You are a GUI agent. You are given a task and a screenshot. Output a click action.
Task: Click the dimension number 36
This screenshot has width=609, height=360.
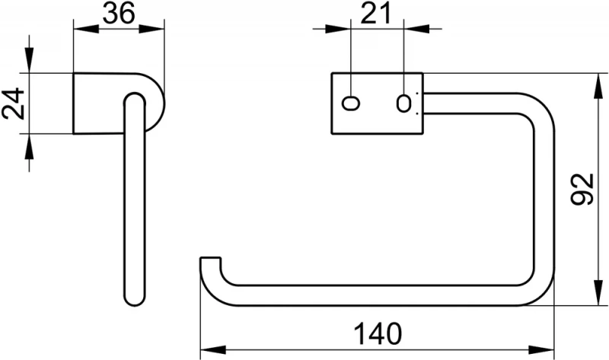(120, 14)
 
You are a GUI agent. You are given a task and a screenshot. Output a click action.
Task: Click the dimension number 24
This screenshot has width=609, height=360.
(14, 104)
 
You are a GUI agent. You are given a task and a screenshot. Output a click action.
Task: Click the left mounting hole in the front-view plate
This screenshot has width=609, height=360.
(352, 104)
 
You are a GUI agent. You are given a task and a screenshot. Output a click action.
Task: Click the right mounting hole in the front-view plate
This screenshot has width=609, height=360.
(405, 104)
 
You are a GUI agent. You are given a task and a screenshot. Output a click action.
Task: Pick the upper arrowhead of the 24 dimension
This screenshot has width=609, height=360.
(29, 65)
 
